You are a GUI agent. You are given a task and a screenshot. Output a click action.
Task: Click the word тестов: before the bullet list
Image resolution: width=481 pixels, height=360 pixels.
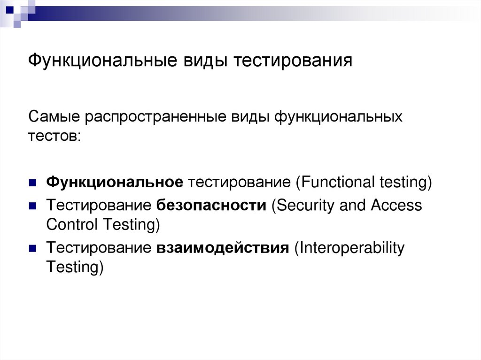54,136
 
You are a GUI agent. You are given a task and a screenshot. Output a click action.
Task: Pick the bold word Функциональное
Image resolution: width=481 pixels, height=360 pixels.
114,182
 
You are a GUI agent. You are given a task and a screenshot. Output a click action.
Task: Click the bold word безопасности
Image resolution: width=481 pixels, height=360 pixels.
211,205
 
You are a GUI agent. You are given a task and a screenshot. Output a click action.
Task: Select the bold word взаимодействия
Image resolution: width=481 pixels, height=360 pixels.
222,247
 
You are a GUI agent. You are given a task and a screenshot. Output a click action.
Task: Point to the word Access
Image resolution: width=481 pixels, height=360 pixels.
396,205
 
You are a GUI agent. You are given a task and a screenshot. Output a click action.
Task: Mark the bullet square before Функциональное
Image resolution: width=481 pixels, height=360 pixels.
32,183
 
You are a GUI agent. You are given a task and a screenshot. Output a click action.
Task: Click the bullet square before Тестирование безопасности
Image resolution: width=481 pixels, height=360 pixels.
32,206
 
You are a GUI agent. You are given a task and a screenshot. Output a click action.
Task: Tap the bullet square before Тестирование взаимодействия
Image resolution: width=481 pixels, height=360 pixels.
32,248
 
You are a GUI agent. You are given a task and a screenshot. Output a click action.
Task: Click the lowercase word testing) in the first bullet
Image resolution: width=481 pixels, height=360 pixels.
405,182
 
